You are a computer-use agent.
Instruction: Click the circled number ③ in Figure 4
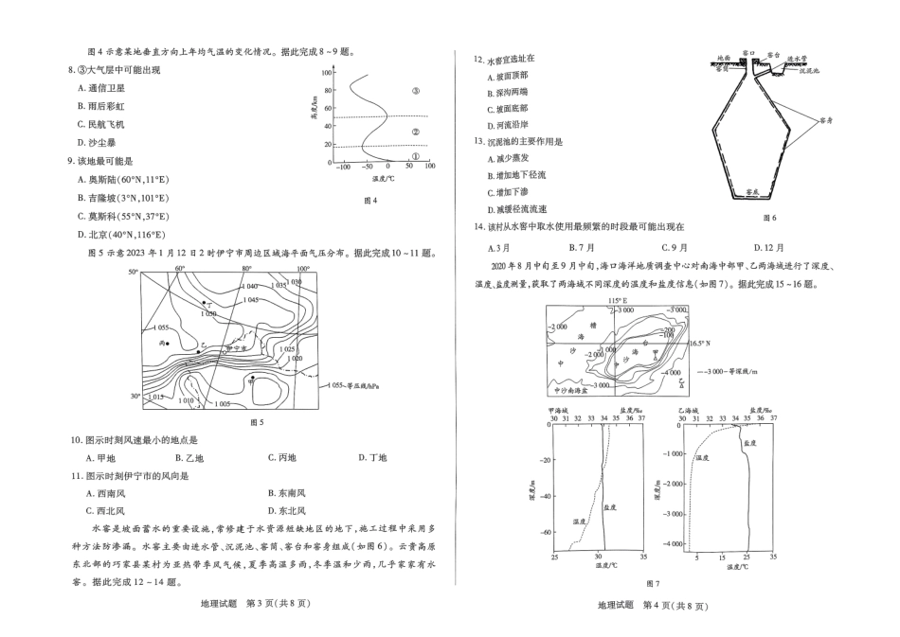415,91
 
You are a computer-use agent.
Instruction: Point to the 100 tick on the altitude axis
327,72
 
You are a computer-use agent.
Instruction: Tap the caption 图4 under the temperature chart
370,200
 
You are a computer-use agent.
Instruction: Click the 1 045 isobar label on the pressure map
250,299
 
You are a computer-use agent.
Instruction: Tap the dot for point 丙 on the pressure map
167,342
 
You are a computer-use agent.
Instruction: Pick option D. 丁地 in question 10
373,458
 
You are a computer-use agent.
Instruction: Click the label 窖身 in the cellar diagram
825,121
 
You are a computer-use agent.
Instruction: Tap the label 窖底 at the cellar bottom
751,190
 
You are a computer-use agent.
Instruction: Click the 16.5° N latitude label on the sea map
702,343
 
